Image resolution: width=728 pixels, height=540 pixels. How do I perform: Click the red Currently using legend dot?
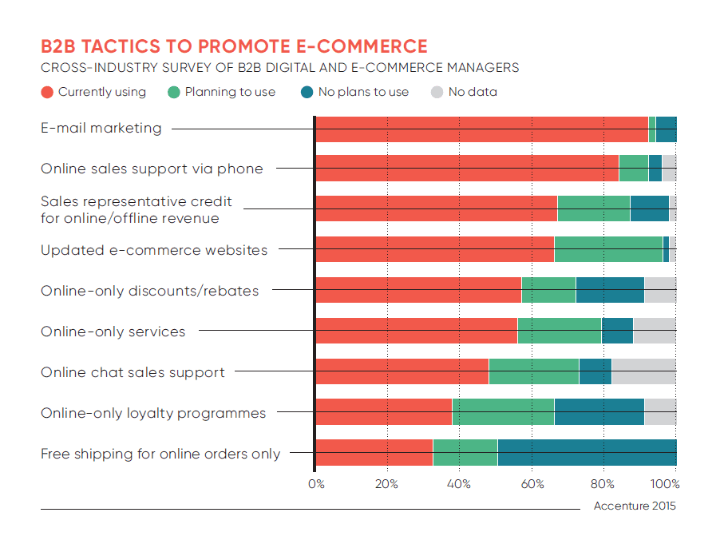[48, 93]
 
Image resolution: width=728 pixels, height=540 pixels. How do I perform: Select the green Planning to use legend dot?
[174, 93]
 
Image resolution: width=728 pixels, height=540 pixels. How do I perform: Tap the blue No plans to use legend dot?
[307, 93]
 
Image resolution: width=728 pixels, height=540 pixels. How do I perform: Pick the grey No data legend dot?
[437, 93]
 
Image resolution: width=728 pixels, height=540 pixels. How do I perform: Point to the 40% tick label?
[458, 483]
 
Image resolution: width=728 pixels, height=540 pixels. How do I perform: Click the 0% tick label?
[316, 483]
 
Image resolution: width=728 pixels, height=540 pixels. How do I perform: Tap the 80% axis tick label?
[602, 483]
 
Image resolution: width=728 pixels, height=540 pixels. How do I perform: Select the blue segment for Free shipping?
[586, 452]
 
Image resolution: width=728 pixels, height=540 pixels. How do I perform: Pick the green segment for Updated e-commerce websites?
[608, 249]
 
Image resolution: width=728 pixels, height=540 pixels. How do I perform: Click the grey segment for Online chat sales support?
[643, 371]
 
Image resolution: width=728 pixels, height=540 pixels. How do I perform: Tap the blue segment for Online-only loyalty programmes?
[599, 411]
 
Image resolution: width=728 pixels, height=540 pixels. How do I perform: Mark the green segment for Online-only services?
[559, 331]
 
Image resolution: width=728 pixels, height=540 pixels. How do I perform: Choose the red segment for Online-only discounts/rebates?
[418, 290]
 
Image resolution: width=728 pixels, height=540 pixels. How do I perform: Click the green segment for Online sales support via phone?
[633, 169]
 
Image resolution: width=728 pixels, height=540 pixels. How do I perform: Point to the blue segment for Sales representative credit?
[649, 208]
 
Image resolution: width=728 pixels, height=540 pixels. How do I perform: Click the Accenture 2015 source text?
[635, 506]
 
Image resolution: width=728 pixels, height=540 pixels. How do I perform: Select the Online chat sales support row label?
[133, 372]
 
